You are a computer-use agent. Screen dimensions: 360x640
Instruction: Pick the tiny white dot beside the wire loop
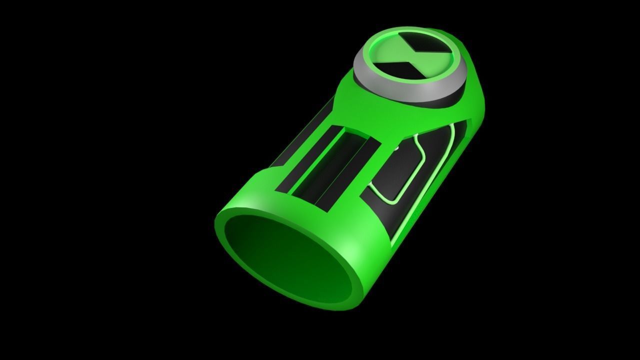tap(396, 147)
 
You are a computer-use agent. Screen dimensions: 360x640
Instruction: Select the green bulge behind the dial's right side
tap(472, 75)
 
